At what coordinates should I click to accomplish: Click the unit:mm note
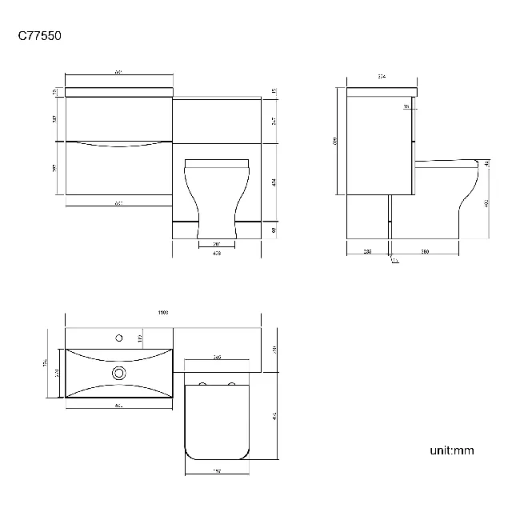pos(452,450)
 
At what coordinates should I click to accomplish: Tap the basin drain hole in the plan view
pos(119,372)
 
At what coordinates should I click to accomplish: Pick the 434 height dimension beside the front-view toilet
pos(273,182)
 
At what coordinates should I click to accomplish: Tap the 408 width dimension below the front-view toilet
pos(217,254)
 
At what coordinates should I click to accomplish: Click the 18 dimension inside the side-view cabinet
pos(406,106)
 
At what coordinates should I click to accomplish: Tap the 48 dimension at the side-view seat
pos(487,164)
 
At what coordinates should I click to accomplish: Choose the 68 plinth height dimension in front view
pos(273,230)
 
